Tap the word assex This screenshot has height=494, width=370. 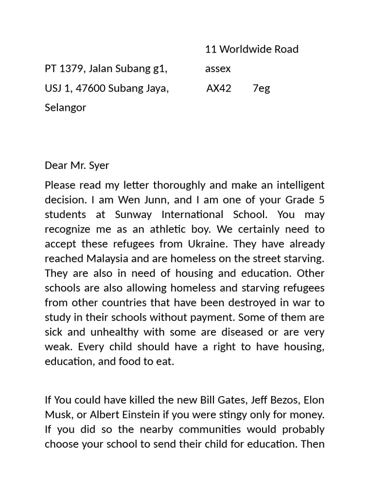(218, 69)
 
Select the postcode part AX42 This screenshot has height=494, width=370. (219, 88)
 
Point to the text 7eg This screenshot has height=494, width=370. (261, 88)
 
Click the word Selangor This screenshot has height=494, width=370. (66, 108)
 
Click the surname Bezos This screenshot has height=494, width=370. (270, 400)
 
